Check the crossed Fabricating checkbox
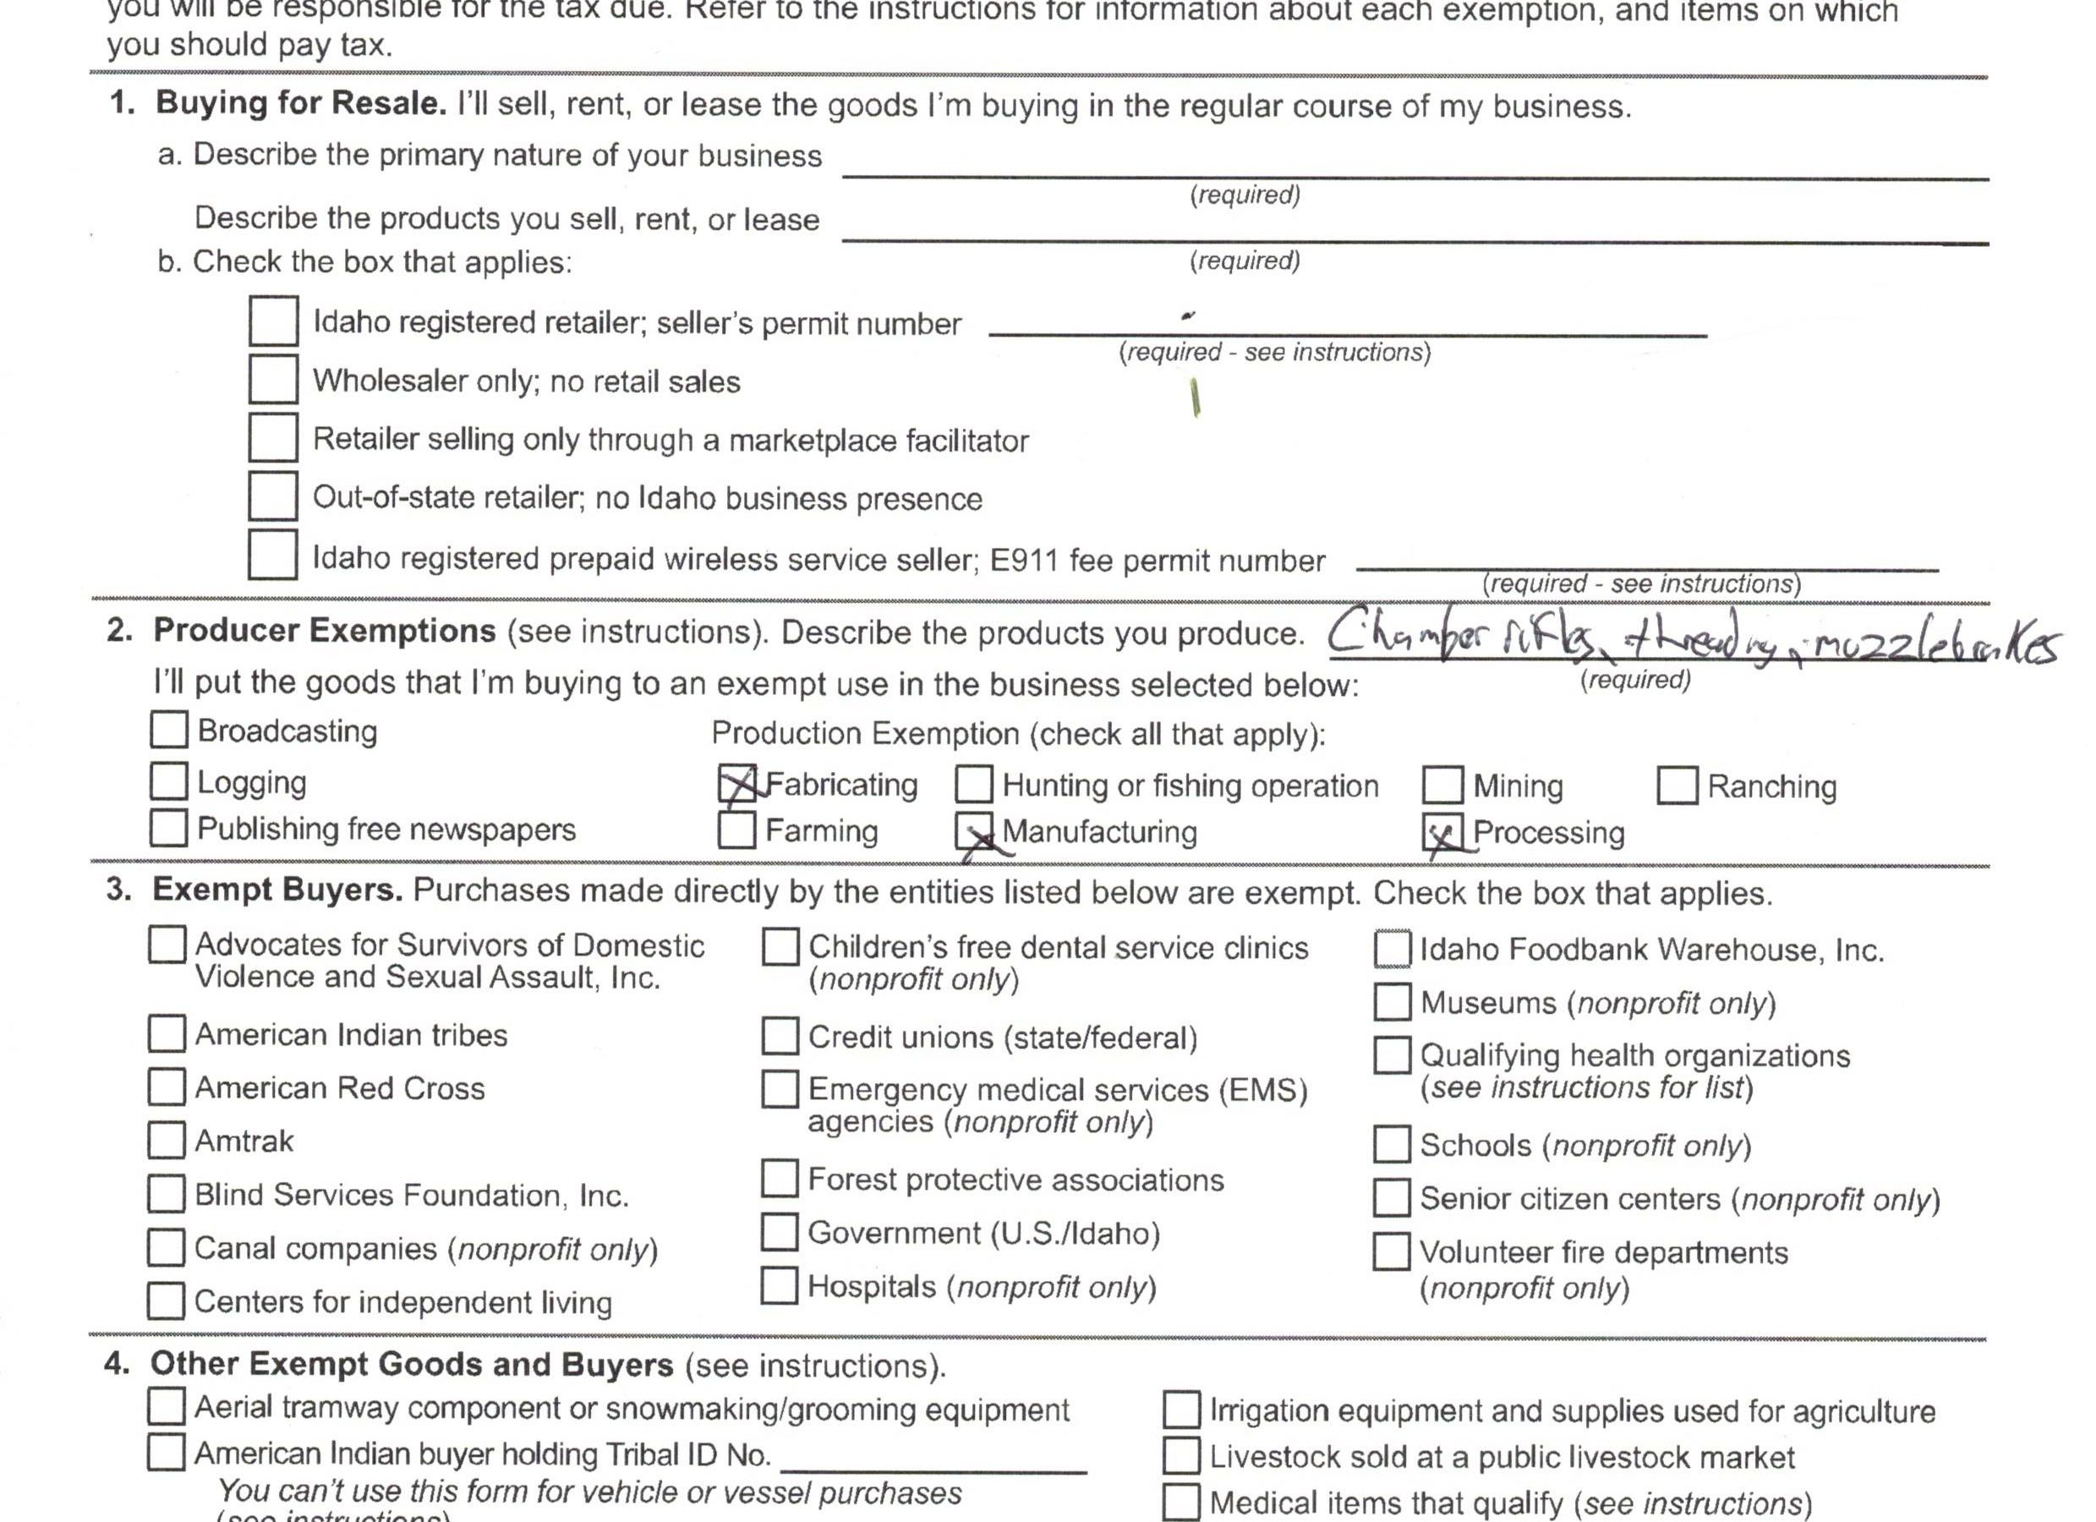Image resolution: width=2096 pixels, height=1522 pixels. tap(737, 785)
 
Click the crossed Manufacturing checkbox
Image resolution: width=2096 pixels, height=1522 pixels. tap(974, 831)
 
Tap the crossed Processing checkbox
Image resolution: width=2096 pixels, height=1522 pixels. tap(1442, 833)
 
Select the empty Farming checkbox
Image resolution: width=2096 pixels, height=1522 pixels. tap(736, 829)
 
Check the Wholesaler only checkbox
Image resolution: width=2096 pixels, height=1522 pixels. tap(272, 379)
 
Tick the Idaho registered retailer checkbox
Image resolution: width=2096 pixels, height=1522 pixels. tap(272, 320)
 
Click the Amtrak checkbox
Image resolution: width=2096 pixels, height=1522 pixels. tap(167, 1141)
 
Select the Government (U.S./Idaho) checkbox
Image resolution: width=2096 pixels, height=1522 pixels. tap(779, 1232)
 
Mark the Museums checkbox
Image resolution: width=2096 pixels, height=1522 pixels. tap(1392, 1002)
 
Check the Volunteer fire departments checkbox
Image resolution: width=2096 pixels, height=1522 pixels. tap(1391, 1251)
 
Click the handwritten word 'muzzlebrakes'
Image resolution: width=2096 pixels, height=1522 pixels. tap(1935, 646)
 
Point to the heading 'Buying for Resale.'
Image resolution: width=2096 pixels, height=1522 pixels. tap(300, 102)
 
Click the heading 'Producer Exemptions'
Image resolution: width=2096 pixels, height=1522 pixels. tap(325, 630)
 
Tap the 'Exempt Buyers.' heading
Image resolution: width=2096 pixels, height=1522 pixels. tap(277, 889)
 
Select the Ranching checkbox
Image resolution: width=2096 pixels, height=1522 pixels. tap(1677, 786)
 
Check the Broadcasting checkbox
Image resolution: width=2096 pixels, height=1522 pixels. tap(169, 729)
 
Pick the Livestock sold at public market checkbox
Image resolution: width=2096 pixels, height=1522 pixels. tap(1181, 1456)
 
